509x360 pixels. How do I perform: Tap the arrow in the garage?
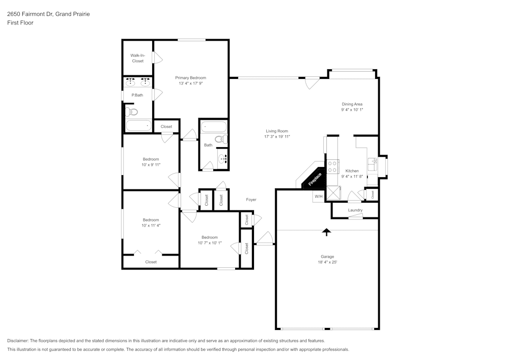point(326,232)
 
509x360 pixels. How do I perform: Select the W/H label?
point(318,197)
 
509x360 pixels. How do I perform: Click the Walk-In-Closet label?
point(137,58)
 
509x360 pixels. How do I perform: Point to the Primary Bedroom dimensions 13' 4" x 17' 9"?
point(190,84)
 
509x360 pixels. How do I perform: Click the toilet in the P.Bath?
point(132,112)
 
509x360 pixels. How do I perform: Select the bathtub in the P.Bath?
point(138,125)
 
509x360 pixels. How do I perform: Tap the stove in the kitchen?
point(333,167)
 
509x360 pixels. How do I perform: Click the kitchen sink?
point(373,164)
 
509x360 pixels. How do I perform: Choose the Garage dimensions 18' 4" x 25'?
point(327,262)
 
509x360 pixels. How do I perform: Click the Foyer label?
point(251,200)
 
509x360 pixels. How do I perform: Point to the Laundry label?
point(355,210)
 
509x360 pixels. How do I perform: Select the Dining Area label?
point(352,104)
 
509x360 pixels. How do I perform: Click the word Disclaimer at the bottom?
point(18,341)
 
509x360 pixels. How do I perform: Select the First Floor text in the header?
point(20,23)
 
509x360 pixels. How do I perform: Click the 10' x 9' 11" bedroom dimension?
point(151,164)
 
